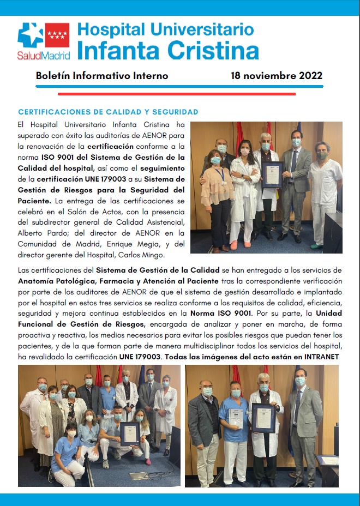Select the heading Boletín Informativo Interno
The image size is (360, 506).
102,76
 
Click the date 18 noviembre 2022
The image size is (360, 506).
277,76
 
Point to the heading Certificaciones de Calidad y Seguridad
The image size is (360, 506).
108,112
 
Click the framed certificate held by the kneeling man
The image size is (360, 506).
130,433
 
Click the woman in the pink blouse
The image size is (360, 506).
215,185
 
